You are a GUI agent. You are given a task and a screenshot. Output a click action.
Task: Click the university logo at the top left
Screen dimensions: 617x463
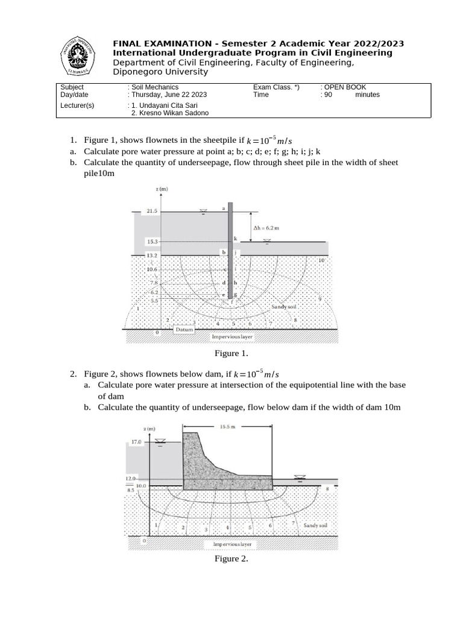pyautogui.click(x=76, y=57)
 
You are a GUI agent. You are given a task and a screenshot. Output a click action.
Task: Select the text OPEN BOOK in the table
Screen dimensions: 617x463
pyautogui.click(x=345, y=87)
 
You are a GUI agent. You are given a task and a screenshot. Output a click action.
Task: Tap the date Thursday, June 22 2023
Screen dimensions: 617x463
pyautogui.click(x=169, y=95)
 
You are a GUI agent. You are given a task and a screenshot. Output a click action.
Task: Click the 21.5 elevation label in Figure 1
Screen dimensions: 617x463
pyautogui.click(x=152, y=211)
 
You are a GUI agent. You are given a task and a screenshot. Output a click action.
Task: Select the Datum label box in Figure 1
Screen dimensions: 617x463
pyautogui.click(x=183, y=330)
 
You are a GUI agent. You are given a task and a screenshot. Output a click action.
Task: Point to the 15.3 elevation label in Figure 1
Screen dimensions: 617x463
pyautogui.click(x=152, y=242)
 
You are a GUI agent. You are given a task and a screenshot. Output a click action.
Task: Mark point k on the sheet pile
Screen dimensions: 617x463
pyautogui.click(x=236, y=239)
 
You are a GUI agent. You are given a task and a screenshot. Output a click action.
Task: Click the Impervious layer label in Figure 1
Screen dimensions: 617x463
pyautogui.click(x=231, y=336)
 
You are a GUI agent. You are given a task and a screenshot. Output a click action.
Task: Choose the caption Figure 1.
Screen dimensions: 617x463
pyautogui.click(x=231, y=353)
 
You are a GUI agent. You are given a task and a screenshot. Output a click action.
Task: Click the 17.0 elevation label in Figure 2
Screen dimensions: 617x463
pyautogui.click(x=136, y=442)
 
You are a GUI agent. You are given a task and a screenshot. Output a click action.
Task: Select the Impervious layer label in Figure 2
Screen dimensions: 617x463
pyautogui.click(x=233, y=544)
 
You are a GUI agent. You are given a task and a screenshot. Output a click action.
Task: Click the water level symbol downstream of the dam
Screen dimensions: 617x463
pyautogui.click(x=300, y=477)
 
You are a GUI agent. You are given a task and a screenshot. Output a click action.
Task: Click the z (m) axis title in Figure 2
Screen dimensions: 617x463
pyautogui.click(x=150, y=428)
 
